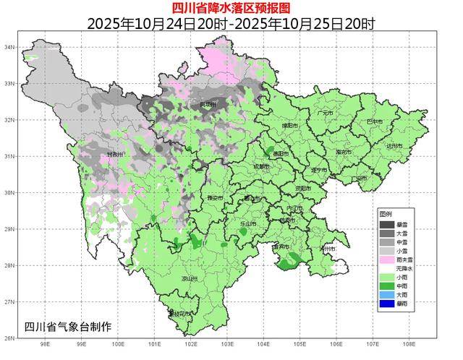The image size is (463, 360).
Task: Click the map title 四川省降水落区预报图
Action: (231, 8)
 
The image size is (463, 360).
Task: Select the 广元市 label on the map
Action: (325, 113)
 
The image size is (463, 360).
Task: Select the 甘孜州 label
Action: (116, 155)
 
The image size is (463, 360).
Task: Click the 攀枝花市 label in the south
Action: (180, 314)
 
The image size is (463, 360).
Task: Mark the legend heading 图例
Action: (386, 215)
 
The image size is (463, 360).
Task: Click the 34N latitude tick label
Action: (10, 47)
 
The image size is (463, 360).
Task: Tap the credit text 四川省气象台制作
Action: (68, 326)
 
